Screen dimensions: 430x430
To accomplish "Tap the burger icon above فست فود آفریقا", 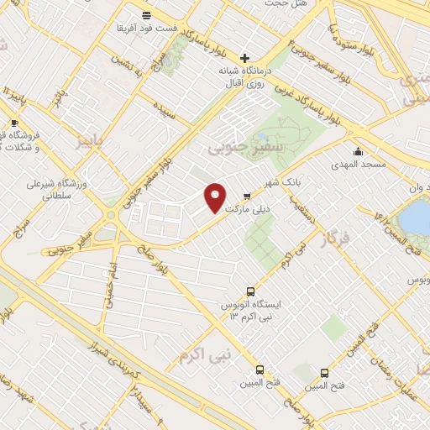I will tap(147, 15).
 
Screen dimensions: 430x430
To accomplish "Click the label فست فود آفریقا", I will tap(147, 28).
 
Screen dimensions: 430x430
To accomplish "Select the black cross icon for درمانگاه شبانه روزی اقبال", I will tap(244, 59).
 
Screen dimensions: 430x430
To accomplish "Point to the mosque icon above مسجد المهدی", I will tap(359, 151).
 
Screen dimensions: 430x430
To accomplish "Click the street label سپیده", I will tap(164, 110).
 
